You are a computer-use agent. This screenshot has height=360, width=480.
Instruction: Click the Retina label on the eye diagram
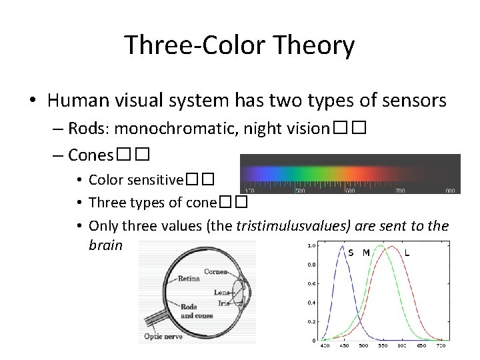click(x=189, y=279)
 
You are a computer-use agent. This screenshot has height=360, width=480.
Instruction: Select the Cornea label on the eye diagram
click(x=216, y=272)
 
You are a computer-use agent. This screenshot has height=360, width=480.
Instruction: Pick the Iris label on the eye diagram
click(x=223, y=303)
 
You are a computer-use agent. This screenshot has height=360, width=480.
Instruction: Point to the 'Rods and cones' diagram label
click(x=197, y=311)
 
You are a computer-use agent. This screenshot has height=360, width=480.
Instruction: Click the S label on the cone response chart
click(x=351, y=253)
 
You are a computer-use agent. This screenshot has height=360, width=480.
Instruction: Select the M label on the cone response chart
click(x=366, y=253)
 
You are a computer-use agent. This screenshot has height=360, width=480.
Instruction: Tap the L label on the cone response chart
click(x=407, y=253)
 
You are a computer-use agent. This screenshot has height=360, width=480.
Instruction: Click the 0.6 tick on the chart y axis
click(x=311, y=283)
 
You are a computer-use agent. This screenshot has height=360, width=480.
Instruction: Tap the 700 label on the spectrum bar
click(x=400, y=190)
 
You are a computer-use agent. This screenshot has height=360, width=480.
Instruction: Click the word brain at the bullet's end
click(x=105, y=245)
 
